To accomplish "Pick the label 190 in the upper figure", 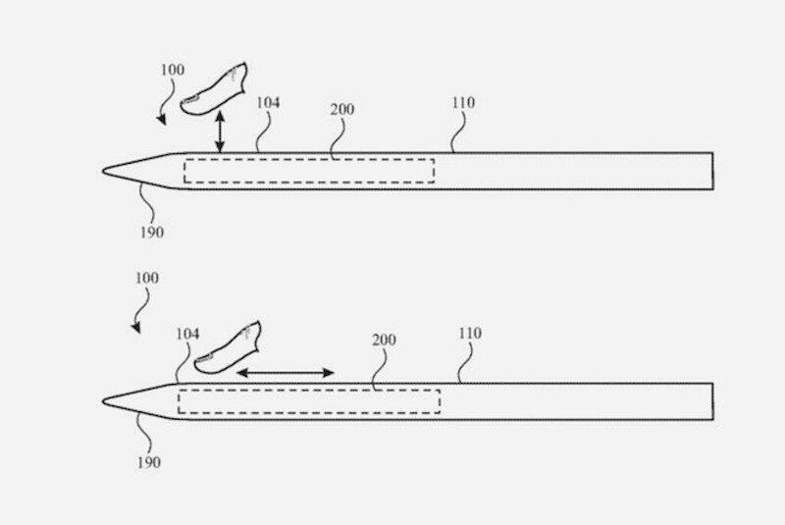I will [x=152, y=233].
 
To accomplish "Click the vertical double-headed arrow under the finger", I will [x=221, y=131].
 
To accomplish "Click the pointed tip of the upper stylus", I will [x=104, y=173].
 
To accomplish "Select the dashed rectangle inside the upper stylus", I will [x=309, y=171].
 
